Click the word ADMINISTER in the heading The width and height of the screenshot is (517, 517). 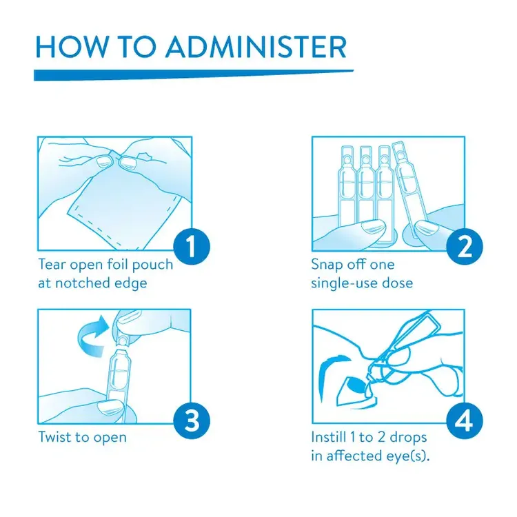point(256,47)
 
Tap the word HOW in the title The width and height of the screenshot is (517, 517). point(72,47)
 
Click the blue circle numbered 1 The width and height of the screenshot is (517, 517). point(192,247)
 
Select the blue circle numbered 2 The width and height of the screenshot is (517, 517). point(465,247)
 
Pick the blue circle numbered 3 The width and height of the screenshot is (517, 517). point(192,420)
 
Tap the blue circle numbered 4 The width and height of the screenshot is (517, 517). point(465,420)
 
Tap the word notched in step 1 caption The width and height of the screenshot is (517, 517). point(83,283)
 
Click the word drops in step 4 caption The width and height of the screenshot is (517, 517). point(408,438)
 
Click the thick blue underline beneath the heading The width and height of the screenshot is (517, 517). point(194,75)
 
